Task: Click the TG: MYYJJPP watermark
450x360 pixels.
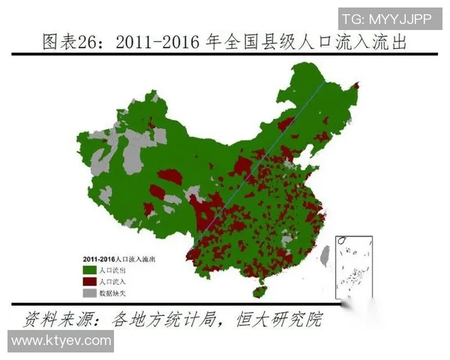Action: click(x=390, y=18)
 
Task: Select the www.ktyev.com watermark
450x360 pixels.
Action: click(x=57, y=340)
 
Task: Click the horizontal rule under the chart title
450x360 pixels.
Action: click(x=225, y=53)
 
